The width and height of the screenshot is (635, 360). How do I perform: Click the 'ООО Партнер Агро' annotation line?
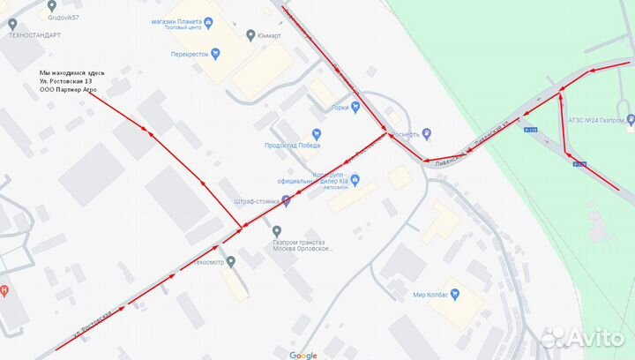(x=69, y=90)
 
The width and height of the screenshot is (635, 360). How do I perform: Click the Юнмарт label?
(x=268, y=35)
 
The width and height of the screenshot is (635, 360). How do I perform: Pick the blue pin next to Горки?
(x=355, y=108)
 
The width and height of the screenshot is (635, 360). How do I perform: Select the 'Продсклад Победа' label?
(x=286, y=146)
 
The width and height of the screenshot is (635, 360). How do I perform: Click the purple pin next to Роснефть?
(x=426, y=134)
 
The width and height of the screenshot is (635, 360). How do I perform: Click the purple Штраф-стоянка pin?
(x=286, y=201)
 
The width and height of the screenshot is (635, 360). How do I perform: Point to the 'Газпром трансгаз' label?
(x=302, y=240)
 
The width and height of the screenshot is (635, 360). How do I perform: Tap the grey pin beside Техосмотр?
(x=231, y=261)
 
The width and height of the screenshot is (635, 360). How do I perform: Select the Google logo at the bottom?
(x=303, y=355)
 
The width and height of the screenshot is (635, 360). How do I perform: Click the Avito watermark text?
(x=594, y=336)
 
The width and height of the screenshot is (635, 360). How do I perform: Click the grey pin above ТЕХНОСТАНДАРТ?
(x=11, y=22)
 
